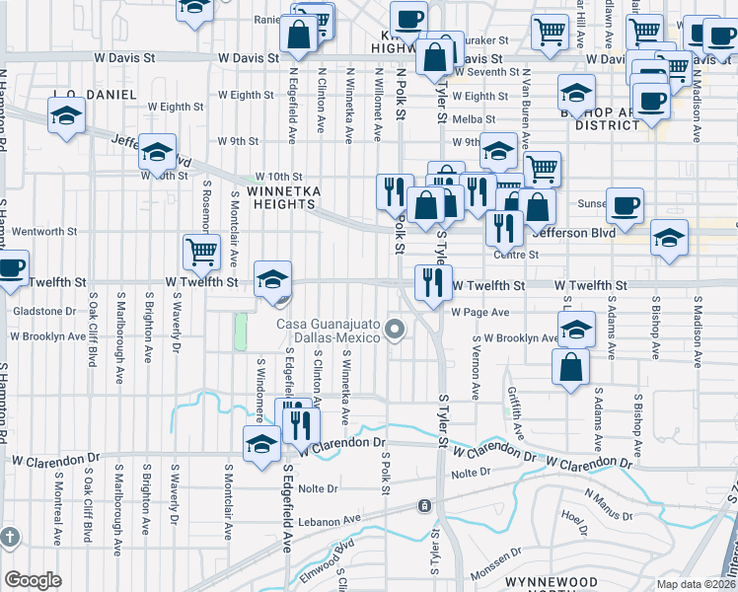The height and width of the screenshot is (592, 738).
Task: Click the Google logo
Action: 33,579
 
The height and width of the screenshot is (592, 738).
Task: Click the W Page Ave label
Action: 480,312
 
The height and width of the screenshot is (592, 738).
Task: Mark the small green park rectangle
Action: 240,332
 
